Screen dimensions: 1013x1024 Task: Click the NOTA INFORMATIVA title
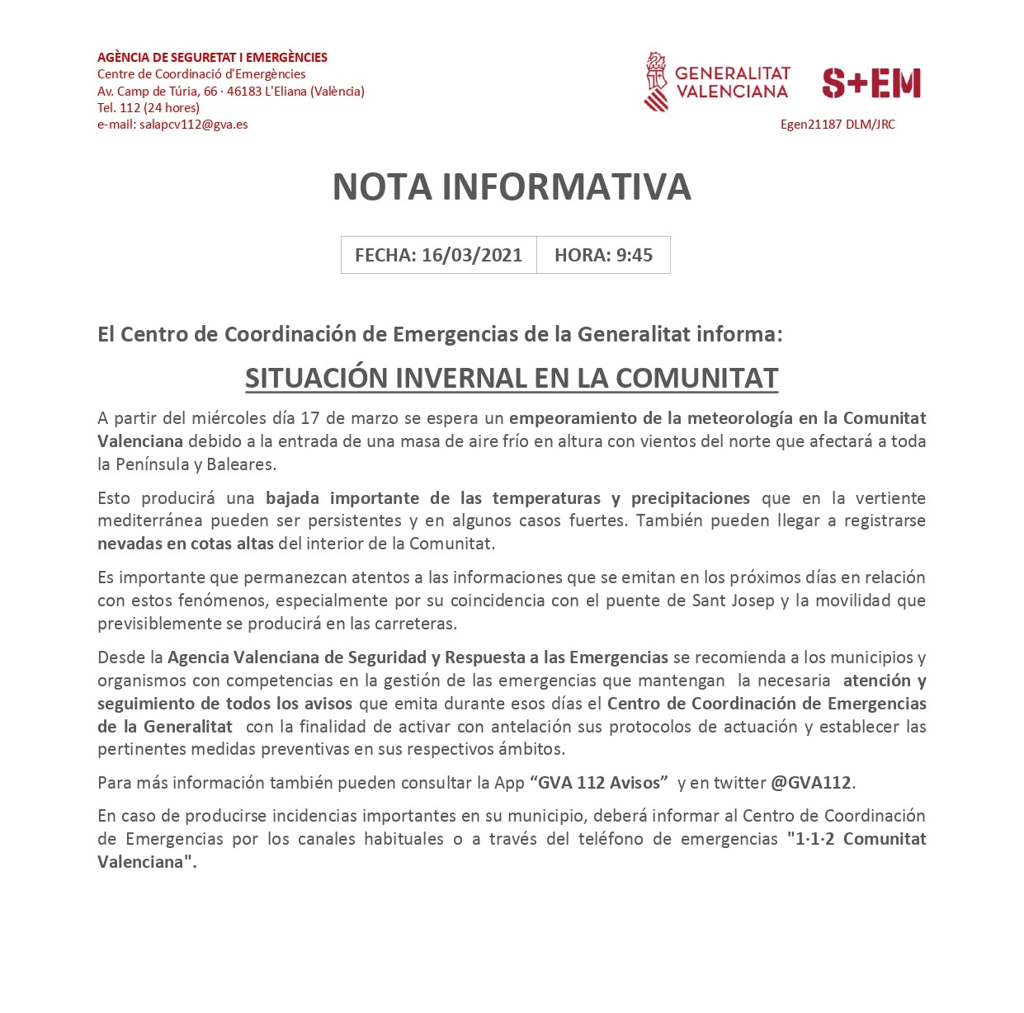click(512, 187)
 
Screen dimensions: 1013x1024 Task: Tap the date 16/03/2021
click(471, 255)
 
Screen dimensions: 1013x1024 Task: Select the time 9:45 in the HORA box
click(635, 255)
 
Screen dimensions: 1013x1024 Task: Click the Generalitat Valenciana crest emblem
click(656, 82)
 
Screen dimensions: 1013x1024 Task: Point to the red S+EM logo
click(871, 83)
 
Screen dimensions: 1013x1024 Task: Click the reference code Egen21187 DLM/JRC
click(838, 125)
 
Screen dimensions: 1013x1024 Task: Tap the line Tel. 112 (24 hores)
click(149, 108)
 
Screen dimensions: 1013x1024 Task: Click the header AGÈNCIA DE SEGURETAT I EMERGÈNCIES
click(212, 58)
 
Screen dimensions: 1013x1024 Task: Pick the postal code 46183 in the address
click(243, 92)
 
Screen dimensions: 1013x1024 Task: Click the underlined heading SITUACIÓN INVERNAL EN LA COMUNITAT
click(512, 378)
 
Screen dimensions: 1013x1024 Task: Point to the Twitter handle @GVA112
click(810, 783)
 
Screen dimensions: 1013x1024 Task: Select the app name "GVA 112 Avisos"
click(599, 783)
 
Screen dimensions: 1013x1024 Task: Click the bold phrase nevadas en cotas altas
click(185, 544)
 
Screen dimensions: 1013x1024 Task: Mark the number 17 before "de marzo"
click(309, 418)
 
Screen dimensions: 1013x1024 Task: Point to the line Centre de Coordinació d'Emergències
click(201, 74)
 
